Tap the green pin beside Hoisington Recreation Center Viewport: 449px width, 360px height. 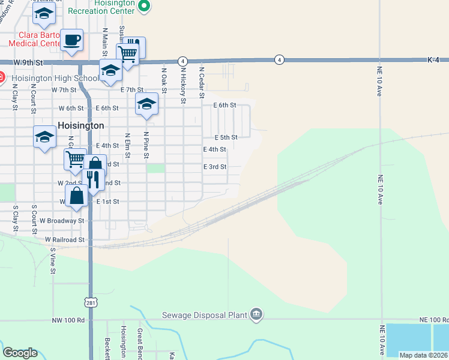[x=144, y=7]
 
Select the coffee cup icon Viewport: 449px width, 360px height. [x=72, y=41]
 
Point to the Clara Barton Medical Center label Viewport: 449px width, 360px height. [x=34, y=39]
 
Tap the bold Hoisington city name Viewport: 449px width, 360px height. [x=81, y=126]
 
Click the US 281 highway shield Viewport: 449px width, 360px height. [x=91, y=304]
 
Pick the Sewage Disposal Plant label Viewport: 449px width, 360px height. [x=205, y=315]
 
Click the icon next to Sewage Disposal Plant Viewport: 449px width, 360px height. [x=256, y=314]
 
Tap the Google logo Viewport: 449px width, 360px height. [x=20, y=353]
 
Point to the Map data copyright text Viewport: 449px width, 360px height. [x=424, y=355]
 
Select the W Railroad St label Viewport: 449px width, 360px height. [x=65, y=239]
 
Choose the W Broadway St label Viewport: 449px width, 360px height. [x=63, y=221]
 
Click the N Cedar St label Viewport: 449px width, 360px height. [x=202, y=83]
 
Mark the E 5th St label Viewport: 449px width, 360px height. [x=226, y=137]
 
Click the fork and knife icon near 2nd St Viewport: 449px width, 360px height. [x=93, y=179]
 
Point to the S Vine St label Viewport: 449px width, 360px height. [x=53, y=262]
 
